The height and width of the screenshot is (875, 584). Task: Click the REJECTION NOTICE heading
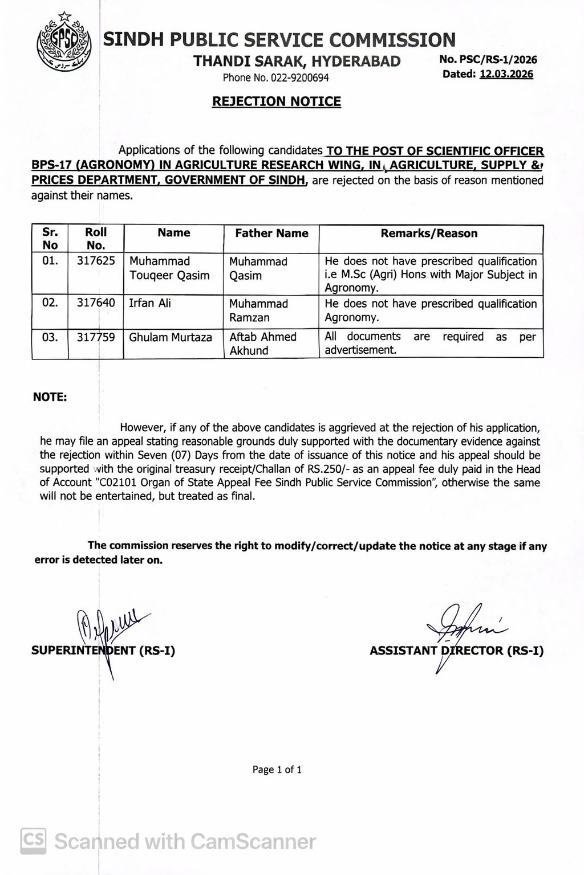click(277, 101)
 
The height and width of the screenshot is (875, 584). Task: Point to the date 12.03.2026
click(506, 74)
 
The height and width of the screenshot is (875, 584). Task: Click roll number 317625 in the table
click(96, 261)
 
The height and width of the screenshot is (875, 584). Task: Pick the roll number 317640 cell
click(96, 303)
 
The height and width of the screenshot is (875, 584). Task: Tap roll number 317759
click(96, 337)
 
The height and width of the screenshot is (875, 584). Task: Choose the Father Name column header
click(271, 233)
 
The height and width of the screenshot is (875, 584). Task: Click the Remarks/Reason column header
click(429, 233)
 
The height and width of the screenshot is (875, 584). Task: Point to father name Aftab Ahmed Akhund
click(263, 344)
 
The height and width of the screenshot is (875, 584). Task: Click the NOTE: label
click(50, 397)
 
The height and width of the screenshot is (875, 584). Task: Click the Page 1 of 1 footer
click(277, 770)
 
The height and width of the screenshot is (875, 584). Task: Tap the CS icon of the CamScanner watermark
click(34, 840)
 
